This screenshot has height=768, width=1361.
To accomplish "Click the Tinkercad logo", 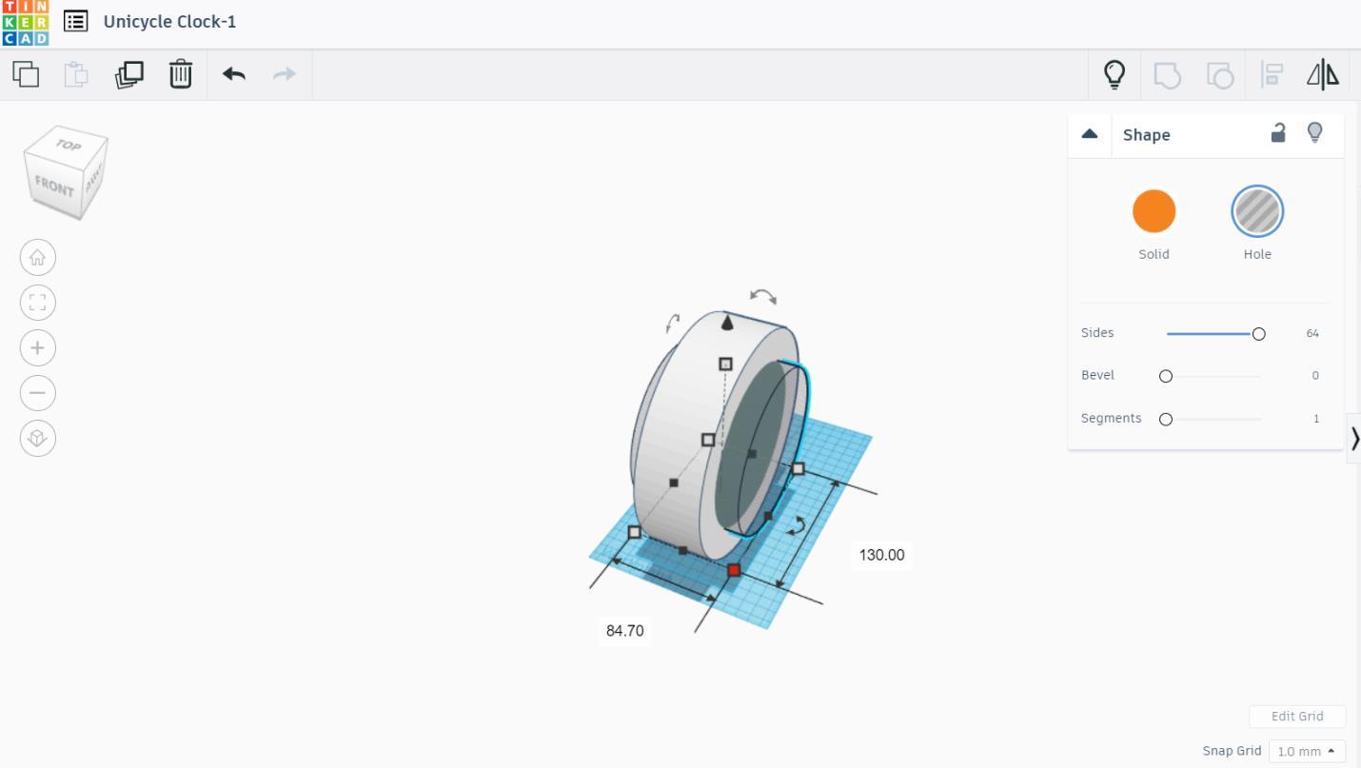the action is point(26,23).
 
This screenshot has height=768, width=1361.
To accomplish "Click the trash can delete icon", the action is point(181,74).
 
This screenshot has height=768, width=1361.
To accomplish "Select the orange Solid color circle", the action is point(1154,211).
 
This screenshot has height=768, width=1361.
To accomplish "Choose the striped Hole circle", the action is point(1257,211).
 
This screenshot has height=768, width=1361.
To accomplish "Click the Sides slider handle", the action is point(1258,334).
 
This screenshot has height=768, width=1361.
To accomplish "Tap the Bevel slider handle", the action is point(1165,376).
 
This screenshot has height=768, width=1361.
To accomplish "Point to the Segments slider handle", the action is point(1165,420).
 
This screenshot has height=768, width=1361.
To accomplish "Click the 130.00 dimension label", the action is point(881,555).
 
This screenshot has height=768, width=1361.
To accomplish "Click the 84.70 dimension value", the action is point(624,631).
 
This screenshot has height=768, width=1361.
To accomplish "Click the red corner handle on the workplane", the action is point(734,570).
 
